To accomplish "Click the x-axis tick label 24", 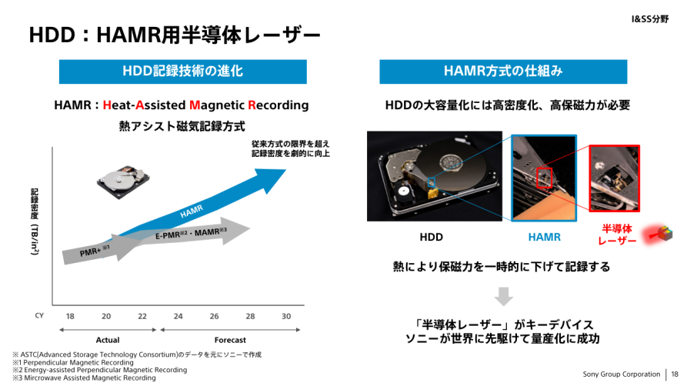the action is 178,316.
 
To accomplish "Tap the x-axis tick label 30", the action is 286,316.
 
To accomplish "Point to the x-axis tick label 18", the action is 70,316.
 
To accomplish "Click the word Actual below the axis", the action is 108,340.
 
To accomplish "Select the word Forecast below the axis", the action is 230,340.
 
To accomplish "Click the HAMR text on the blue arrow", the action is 192,211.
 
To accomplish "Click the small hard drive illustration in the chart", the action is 122,181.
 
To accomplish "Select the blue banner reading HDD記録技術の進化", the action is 182,72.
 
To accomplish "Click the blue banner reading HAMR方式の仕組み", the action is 503,72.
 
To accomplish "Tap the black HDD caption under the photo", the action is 431,237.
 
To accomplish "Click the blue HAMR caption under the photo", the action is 544,237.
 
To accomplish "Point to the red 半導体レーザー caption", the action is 617,235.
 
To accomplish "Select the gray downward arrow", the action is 503,297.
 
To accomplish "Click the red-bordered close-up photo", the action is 614,178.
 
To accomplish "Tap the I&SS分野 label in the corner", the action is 650,19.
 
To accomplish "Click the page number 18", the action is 674,374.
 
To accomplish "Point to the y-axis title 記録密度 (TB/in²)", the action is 35,221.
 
